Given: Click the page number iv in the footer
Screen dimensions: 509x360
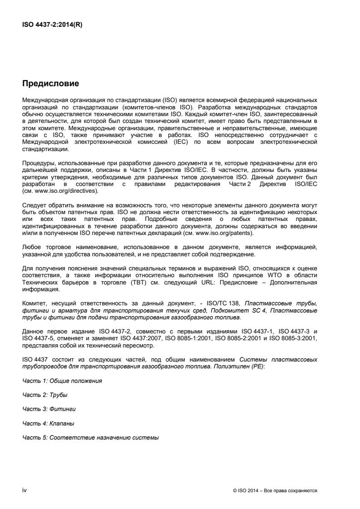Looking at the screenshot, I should [25, 490].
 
